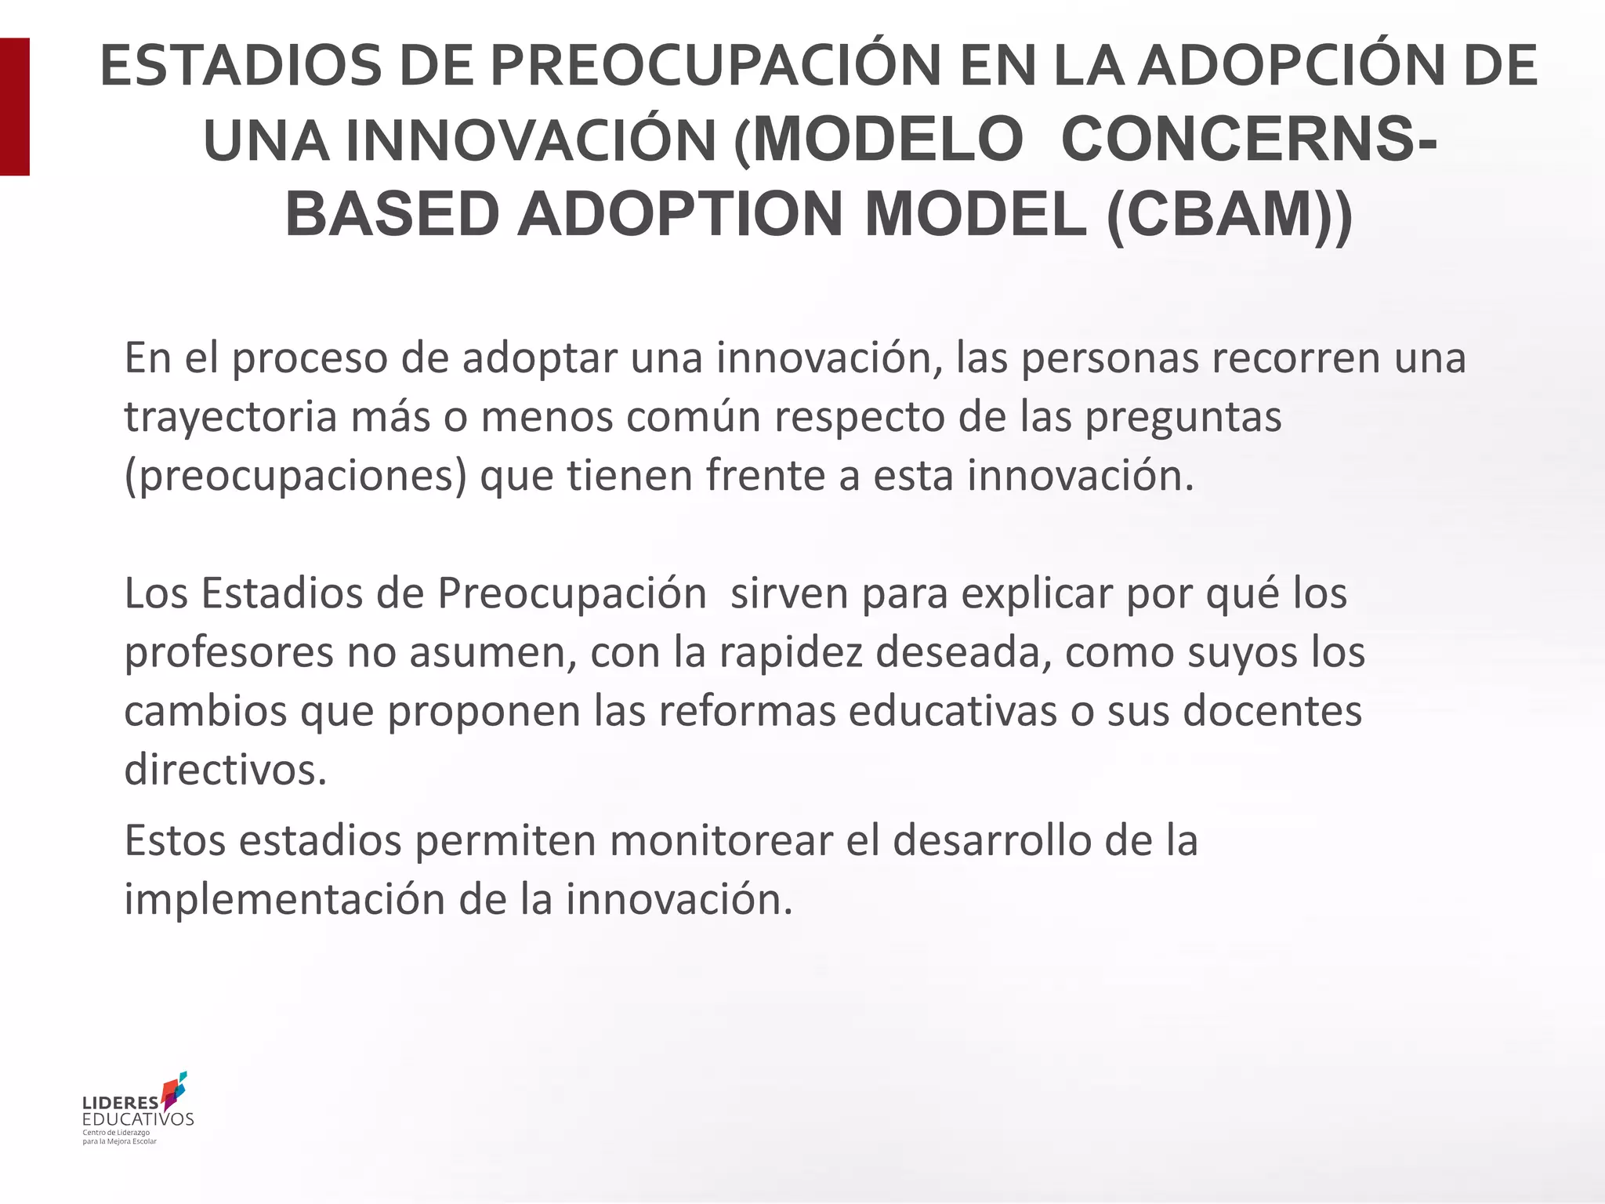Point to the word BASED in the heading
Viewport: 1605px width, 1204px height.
[x=392, y=214]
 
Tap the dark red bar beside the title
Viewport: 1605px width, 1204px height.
[x=14, y=107]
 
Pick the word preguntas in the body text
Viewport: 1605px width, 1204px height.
[x=1183, y=417]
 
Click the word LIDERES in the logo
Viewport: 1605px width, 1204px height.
[x=120, y=1104]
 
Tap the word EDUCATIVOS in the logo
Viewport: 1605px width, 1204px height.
[x=138, y=1119]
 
